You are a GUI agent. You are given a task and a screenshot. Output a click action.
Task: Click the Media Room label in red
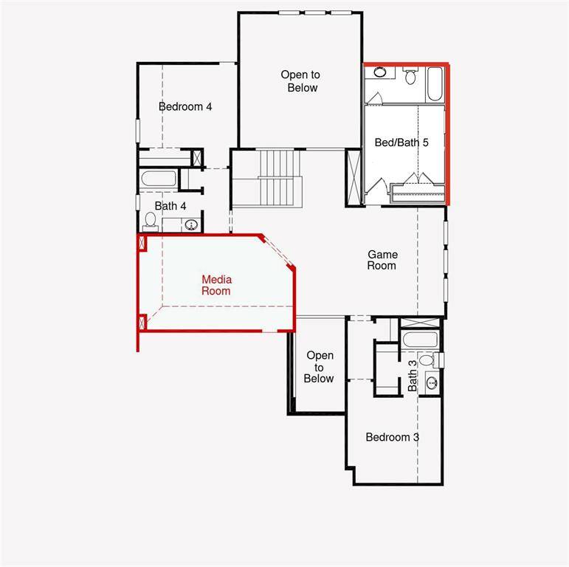point(217,285)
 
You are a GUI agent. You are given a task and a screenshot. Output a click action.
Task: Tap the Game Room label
point(382,260)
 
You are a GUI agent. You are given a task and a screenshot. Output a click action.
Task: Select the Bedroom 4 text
point(185,106)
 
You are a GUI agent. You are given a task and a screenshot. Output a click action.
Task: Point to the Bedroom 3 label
point(393,437)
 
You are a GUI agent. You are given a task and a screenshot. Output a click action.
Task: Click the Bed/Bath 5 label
point(401,142)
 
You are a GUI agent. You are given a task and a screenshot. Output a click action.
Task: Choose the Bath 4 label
point(170,205)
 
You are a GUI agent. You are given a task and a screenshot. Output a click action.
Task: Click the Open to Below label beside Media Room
point(320,367)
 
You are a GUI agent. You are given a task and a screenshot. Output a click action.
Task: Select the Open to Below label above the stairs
point(299,81)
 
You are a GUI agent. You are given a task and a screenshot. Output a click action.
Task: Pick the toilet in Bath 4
point(151,220)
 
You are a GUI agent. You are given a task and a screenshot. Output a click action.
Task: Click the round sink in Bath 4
point(191,224)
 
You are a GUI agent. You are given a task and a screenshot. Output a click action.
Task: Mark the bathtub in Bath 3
point(419,341)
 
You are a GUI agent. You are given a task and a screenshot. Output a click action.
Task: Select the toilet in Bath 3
point(427,360)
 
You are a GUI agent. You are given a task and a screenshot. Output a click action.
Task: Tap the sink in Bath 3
point(431,382)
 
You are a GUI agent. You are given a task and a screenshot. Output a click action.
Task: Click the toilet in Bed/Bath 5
point(411,75)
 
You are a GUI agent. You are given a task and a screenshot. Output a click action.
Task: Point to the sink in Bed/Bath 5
point(379,72)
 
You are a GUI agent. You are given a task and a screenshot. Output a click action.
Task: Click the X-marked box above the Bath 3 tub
point(420,323)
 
